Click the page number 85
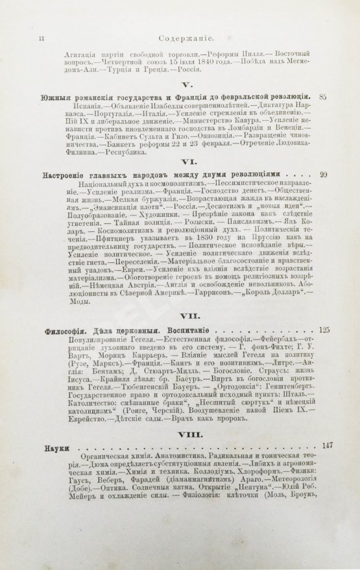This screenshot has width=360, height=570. (323, 97)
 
